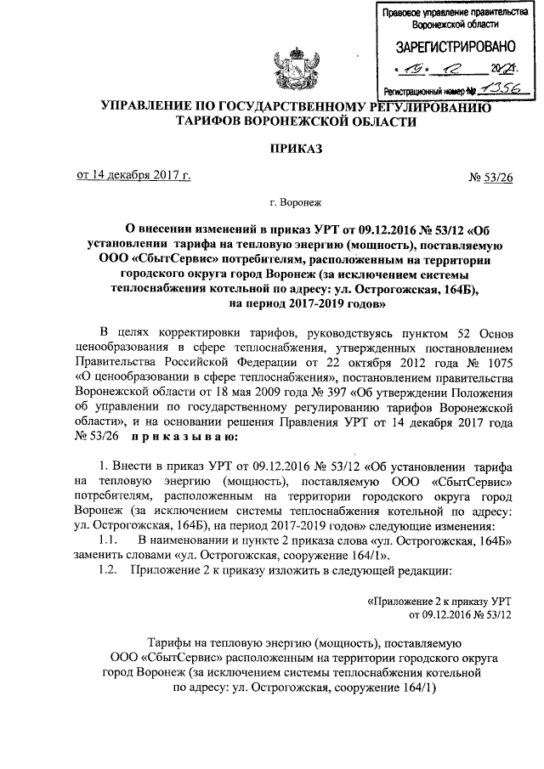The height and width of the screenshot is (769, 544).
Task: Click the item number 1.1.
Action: (x=110, y=540)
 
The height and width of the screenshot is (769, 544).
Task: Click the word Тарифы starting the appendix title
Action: (x=170, y=643)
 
